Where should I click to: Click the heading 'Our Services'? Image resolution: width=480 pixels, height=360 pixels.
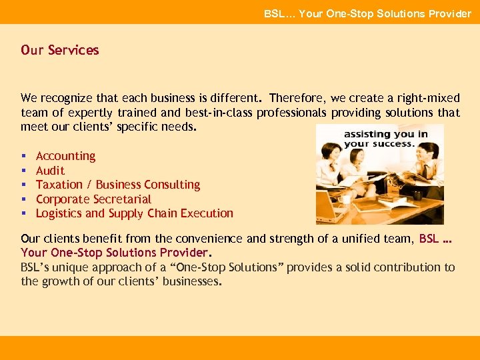59,50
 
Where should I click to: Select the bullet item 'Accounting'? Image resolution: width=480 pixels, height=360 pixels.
65,156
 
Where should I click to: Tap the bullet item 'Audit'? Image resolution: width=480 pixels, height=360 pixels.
50,171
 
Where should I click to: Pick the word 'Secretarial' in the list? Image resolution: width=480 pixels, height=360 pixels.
122,199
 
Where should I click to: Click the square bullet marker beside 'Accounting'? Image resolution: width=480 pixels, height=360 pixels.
23,157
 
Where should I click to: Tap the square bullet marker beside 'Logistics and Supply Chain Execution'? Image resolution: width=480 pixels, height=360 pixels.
23,214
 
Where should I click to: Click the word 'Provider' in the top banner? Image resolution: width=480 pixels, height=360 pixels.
449,13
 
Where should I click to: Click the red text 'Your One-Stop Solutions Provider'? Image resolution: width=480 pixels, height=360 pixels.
115,252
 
